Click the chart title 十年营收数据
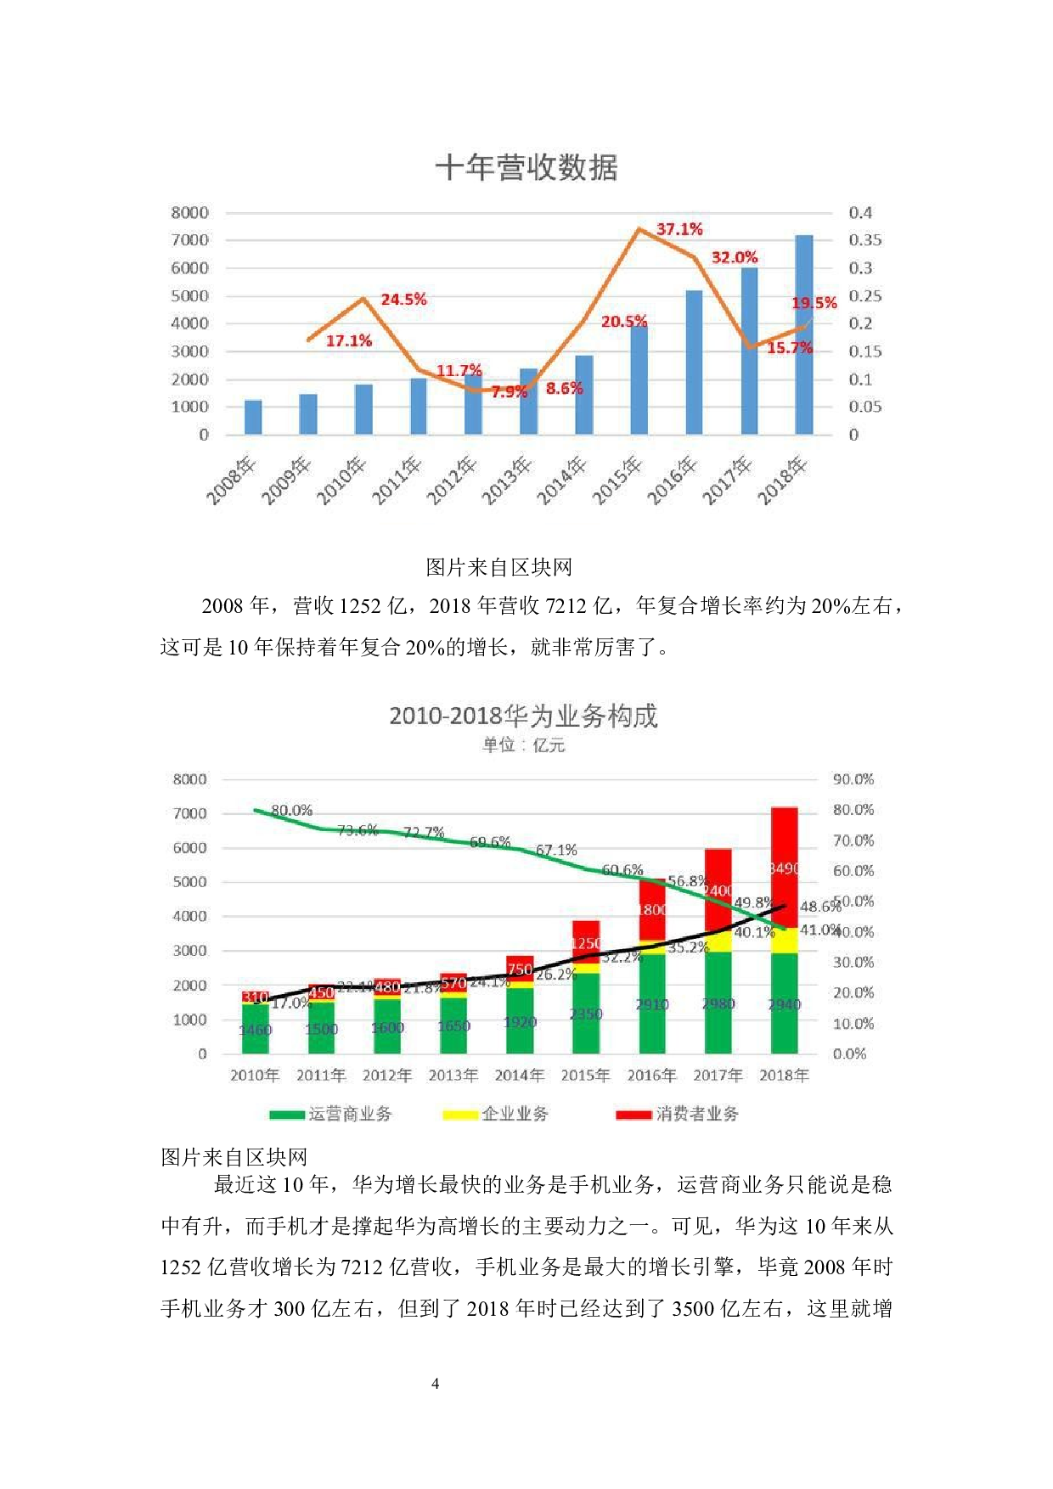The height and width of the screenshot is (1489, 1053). point(526,167)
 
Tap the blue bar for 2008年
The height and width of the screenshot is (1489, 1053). point(253,417)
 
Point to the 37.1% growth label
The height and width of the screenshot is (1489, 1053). point(679,229)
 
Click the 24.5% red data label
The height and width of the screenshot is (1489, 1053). point(403,300)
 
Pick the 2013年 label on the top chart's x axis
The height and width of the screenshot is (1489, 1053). point(506,481)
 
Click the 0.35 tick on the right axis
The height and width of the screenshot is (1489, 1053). point(864,240)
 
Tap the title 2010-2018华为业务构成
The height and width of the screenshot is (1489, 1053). point(523,716)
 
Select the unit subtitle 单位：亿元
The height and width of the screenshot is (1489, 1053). point(523,745)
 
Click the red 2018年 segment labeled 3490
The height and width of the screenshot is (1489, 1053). point(784,868)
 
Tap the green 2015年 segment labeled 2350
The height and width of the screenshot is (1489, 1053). point(586,1014)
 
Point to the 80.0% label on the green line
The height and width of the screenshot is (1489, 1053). point(292,811)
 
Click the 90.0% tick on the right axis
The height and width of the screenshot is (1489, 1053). point(853,779)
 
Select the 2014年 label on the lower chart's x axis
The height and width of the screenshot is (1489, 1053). point(519,1076)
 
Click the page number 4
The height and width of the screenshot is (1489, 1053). point(436,1384)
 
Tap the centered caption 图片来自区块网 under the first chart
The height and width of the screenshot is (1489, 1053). point(498,567)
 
